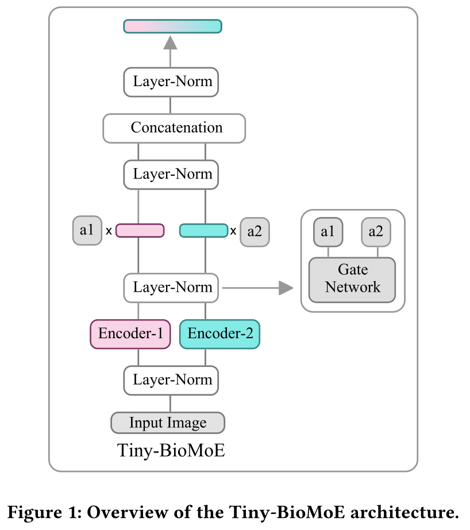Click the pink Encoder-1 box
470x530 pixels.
tap(130, 334)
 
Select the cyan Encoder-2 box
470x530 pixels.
tap(219, 334)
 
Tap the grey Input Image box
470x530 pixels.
tap(168, 423)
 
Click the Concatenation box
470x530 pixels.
tap(174, 127)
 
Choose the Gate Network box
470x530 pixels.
tap(352, 279)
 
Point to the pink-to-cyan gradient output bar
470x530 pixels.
tap(172, 26)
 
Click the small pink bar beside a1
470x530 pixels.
tap(140, 231)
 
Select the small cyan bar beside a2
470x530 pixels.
tap(203, 231)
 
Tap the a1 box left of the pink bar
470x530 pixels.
tap(87, 231)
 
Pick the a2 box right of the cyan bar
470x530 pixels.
tap(255, 231)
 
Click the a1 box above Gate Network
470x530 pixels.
tap(328, 233)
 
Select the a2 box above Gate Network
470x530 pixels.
tap(376, 233)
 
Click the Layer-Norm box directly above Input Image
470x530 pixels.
tap(171, 380)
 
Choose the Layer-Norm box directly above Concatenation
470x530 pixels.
tap(171, 82)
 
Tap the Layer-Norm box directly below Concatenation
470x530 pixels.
tap(171, 175)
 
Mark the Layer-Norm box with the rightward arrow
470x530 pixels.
tap(171, 288)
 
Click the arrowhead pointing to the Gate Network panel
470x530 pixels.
tap(286, 288)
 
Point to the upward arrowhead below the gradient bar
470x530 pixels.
tap(170, 42)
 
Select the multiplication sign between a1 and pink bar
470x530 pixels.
tap(109, 231)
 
